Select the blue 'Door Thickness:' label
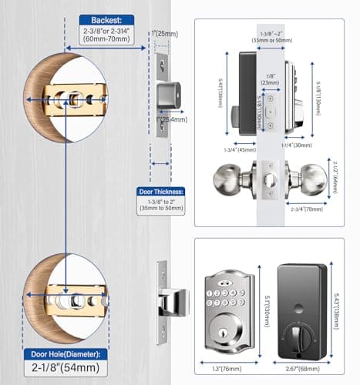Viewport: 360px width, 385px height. click(161, 192)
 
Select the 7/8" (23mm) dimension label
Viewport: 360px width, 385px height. click(270, 79)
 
